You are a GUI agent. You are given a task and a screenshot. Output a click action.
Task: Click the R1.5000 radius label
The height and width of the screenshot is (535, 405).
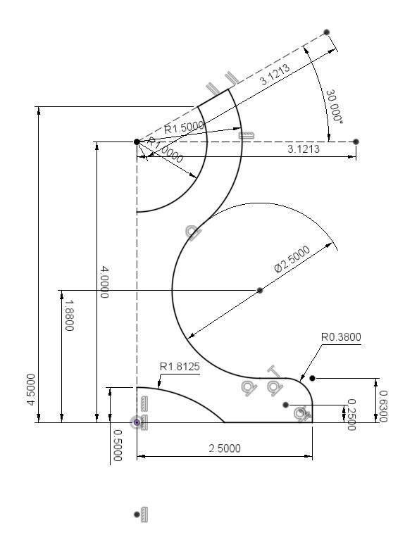click(x=184, y=127)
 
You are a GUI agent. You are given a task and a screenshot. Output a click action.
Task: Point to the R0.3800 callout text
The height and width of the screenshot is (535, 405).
click(x=340, y=337)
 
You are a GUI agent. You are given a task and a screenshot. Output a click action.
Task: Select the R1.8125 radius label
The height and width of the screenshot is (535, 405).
click(x=180, y=366)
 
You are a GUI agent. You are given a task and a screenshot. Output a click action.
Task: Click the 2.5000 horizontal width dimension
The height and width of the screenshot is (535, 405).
click(x=224, y=448)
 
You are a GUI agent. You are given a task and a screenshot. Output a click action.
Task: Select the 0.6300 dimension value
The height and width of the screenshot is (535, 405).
click(x=384, y=406)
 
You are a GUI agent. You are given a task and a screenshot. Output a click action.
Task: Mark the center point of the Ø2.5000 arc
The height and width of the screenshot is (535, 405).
click(x=260, y=290)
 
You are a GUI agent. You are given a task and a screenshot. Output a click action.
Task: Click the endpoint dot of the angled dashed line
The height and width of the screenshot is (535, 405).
click(x=327, y=32)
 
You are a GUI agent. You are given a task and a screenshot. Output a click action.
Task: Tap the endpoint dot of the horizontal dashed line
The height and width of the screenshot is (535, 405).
click(x=356, y=141)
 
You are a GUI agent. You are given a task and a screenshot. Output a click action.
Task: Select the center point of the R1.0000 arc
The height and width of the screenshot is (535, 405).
click(x=137, y=141)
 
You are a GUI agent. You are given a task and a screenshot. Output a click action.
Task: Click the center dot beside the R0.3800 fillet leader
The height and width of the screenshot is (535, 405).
click(x=312, y=378)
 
